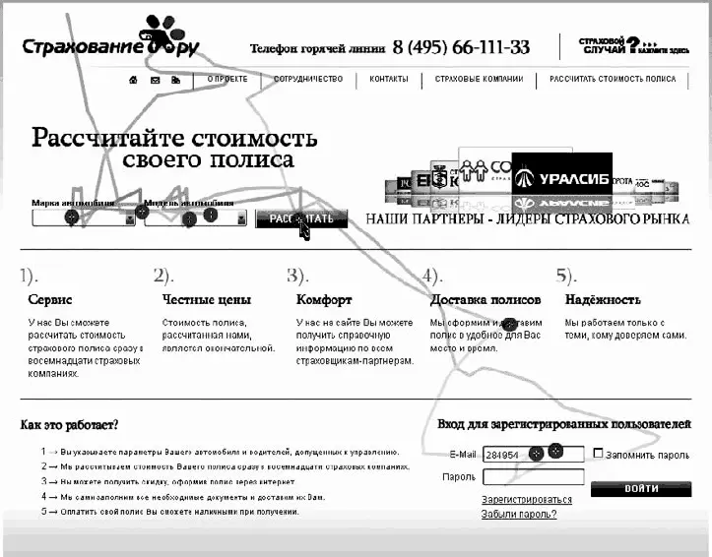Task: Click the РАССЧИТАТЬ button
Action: tap(301, 218)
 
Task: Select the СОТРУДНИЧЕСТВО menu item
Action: tap(307, 79)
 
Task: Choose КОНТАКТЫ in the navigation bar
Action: tap(389, 79)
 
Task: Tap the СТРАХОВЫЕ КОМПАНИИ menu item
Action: tap(479, 79)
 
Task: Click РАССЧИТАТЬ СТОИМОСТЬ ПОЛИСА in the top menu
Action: tap(613, 79)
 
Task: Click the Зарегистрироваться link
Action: tap(526, 500)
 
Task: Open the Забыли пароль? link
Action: tap(518, 514)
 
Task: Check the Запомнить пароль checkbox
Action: tap(598, 454)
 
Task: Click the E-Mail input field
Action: tap(532, 454)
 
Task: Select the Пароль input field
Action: tap(532, 477)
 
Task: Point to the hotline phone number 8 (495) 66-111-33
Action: tap(461, 47)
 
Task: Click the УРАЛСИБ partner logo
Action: tap(561, 178)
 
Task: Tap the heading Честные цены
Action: tap(206, 299)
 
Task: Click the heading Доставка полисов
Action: tap(485, 299)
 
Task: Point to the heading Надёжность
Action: tap(602, 299)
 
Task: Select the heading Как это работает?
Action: tap(69, 425)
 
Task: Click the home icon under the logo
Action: tap(133, 80)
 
